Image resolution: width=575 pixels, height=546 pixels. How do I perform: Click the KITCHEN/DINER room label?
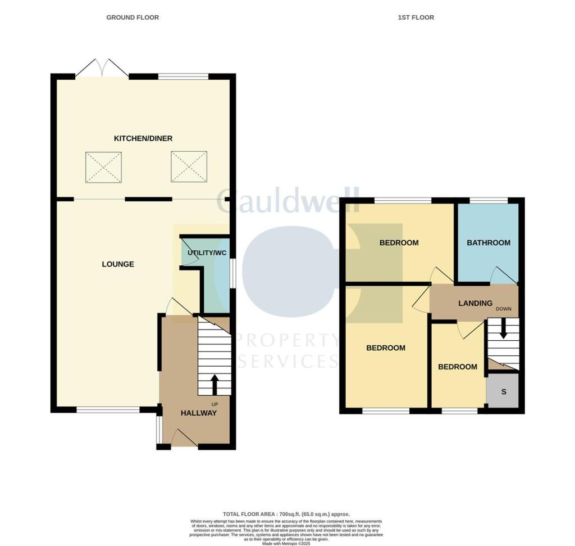pyautogui.click(x=143, y=138)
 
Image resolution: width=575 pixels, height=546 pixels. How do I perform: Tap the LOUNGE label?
pyautogui.click(x=118, y=264)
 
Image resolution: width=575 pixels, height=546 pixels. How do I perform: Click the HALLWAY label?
pyautogui.click(x=198, y=413)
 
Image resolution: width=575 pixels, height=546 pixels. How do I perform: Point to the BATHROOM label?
pyautogui.click(x=489, y=243)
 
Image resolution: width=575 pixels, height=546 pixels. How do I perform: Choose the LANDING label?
pyautogui.click(x=475, y=303)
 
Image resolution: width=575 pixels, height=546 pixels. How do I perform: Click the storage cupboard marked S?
pyautogui.click(x=503, y=391)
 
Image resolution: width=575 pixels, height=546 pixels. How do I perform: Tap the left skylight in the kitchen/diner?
pyautogui.click(x=103, y=167)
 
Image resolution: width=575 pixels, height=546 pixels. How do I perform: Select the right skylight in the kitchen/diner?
pyautogui.click(x=189, y=167)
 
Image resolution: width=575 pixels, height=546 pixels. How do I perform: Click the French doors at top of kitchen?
pyautogui.click(x=102, y=69)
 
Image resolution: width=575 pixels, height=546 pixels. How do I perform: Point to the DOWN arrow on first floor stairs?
pyautogui.click(x=503, y=328)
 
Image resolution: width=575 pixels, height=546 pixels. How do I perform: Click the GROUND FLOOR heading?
pyautogui.click(x=133, y=17)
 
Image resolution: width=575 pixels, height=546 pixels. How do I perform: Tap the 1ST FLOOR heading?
pyautogui.click(x=416, y=17)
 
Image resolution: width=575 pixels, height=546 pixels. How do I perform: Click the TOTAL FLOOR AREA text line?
pyautogui.click(x=286, y=514)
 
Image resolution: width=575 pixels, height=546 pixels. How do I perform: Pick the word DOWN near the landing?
pyautogui.click(x=503, y=309)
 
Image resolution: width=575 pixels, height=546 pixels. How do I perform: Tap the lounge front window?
pyautogui.click(x=108, y=410)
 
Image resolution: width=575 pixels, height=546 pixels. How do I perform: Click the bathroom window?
pyautogui.click(x=489, y=200)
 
